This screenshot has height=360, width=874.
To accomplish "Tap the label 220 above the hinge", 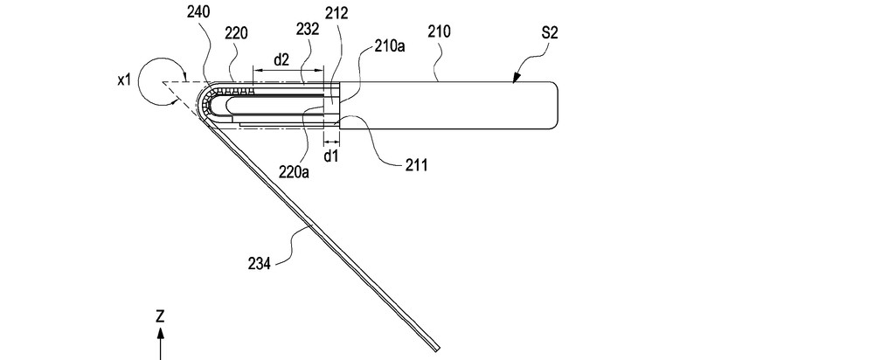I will tap(235, 34).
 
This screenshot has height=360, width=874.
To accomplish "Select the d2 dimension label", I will tap(281, 59).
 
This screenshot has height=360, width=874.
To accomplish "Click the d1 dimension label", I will tap(331, 157).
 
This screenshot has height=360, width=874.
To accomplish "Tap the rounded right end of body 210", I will tap(555, 105).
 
